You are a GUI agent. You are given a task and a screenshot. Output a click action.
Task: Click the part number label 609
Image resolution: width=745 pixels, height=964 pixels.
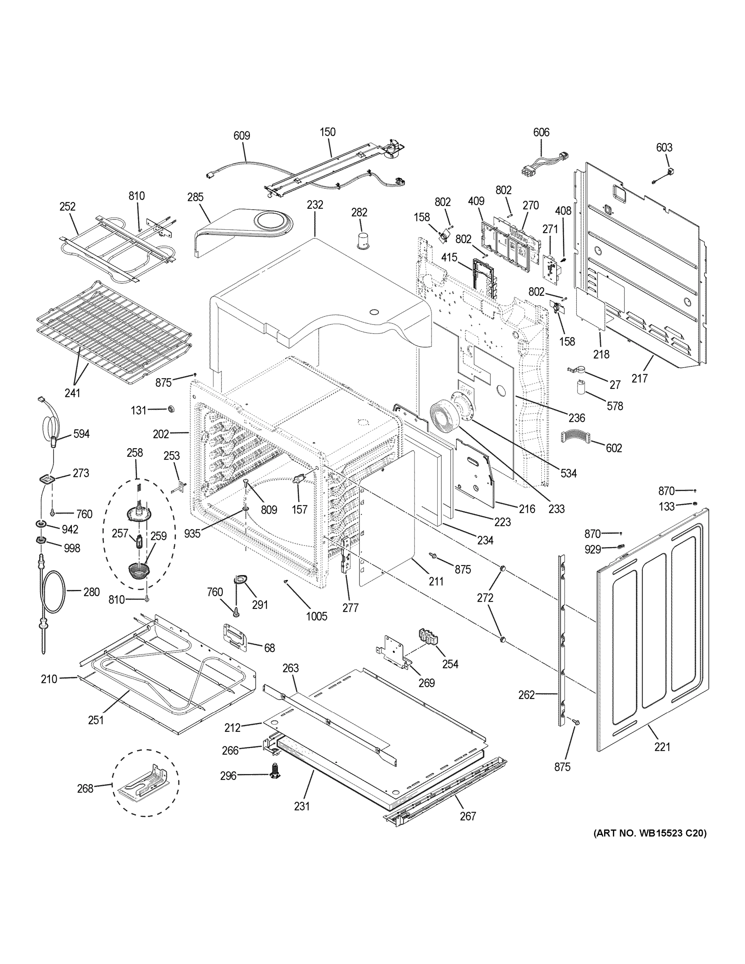[241, 135]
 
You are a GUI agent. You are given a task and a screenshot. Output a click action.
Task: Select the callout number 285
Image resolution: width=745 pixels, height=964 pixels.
[195, 197]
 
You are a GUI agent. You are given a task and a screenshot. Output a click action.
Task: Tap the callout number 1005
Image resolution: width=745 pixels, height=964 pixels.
[316, 616]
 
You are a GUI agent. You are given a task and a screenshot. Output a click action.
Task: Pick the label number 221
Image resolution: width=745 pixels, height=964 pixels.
[662, 747]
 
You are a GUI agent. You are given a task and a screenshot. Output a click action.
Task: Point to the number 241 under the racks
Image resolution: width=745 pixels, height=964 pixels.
[72, 392]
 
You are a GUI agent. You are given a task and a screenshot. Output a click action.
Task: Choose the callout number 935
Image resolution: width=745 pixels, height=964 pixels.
[192, 534]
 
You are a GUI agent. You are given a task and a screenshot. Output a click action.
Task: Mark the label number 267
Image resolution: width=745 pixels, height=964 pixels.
[467, 816]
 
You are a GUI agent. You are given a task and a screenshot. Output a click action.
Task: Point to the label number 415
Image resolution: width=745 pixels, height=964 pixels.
[449, 257]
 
